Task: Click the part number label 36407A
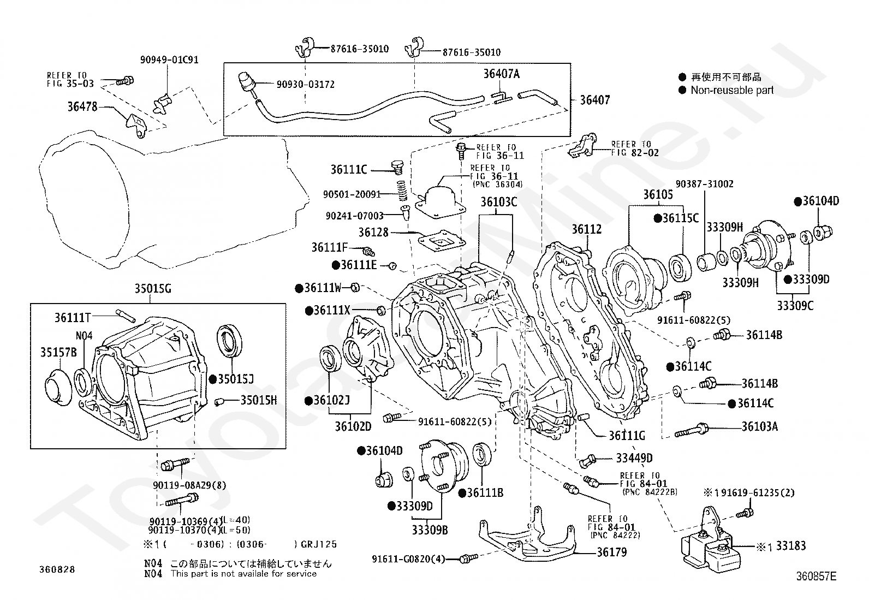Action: point(501,74)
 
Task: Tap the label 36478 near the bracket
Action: point(82,106)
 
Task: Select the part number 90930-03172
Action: point(305,84)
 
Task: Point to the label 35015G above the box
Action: point(153,289)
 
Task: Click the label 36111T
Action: point(73,318)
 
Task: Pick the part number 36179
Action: point(612,551)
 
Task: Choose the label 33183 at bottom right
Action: point(790,545)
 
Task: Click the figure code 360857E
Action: point(816,577)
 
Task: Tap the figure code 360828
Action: point(57,569)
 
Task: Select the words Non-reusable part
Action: point(732,90)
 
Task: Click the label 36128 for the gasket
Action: point(373,232)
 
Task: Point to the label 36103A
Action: point(760,426)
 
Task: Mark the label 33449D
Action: point(634,458)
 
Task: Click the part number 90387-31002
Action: point(705,184)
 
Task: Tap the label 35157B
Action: point(58,352)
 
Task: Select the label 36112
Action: point(587,229)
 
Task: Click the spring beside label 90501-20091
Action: point(402,191)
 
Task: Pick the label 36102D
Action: point(353,426)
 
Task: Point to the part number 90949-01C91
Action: point(169,60)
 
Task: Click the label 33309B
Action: point(430,530)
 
